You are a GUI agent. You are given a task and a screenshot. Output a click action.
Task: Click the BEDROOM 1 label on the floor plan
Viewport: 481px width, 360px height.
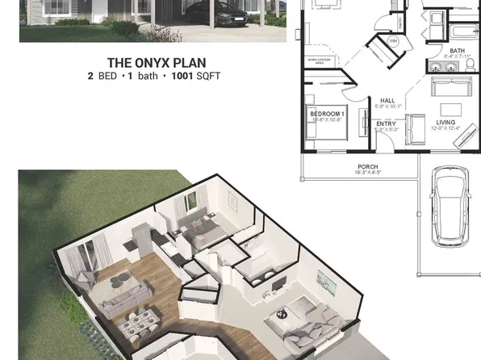pos(328,115)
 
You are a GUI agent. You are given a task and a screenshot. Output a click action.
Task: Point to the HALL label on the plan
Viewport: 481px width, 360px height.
pos(387,101)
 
